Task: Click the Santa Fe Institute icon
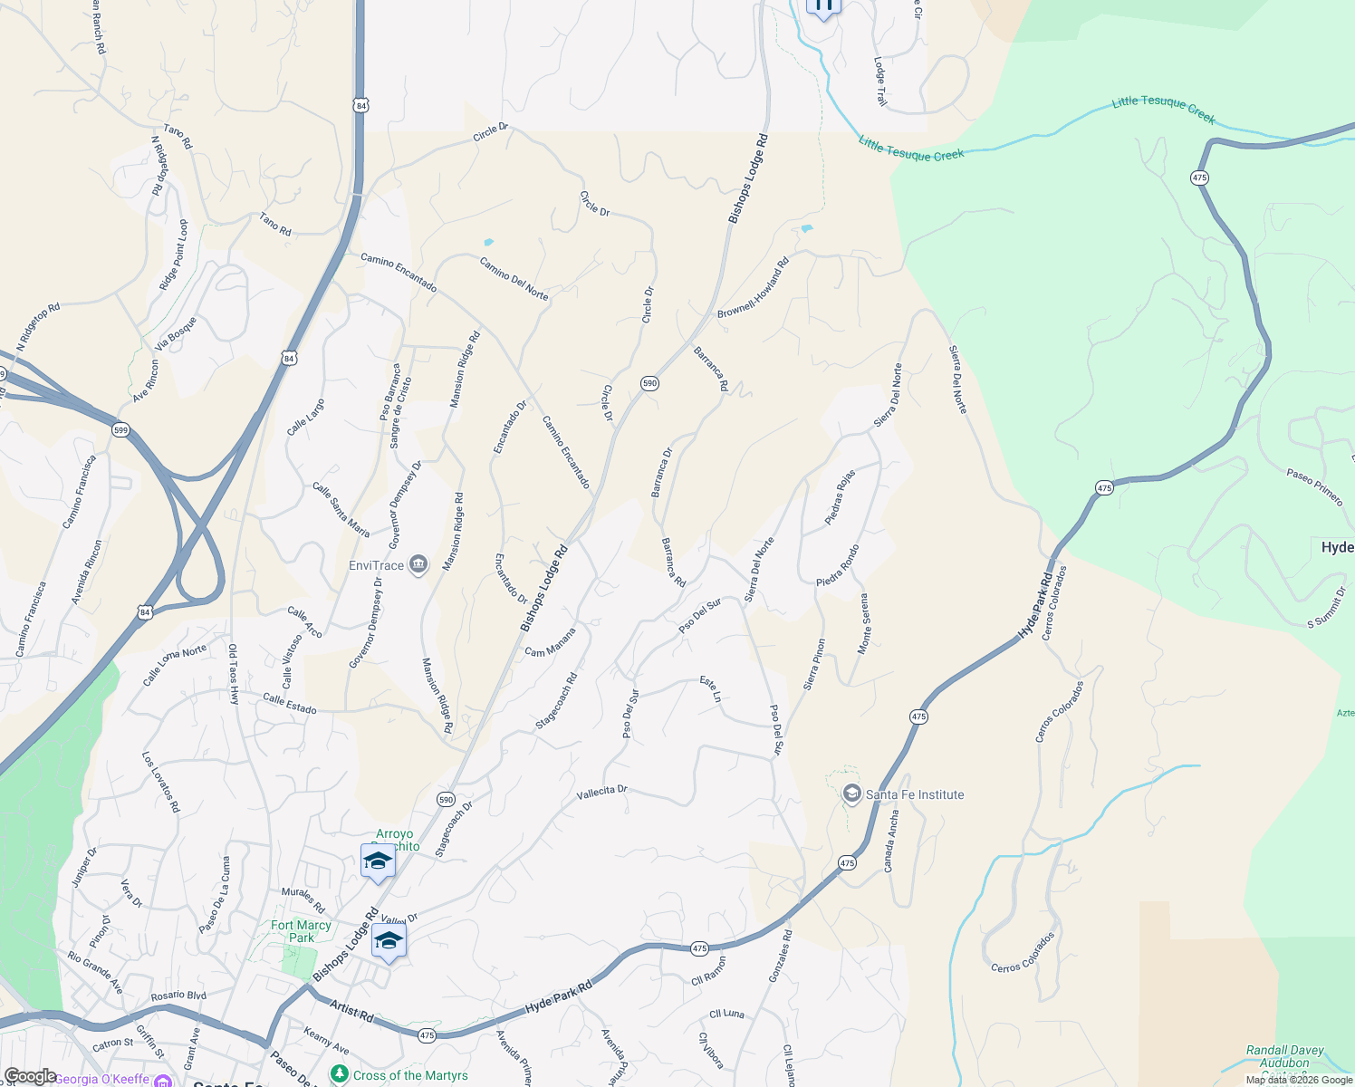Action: pyautogui.click(x=851, y=794)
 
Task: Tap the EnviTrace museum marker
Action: pyautogui.click(x=418, y=565)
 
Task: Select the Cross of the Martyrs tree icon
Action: pyautogui.click(x=340, y=1074)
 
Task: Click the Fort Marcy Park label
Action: pyautogui.click(x=302, y=931)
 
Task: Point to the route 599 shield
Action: pyautogui.click(x=121, y=429)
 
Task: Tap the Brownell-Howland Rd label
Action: pyautogui.click(x=753, y=287)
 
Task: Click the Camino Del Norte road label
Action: pyautogui.click(x=514, y=279)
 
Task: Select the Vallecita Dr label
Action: pyautogui.click(x=602, y=793)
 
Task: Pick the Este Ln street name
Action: pyautogui.click(x=711, y=688)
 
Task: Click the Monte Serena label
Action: pyautogui.click(x=864, y=624)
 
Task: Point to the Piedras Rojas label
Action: pyautogui.click(x=840, y=497)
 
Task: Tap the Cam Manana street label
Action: pyautogui.click(x=550, y=642)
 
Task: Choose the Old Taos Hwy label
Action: pyautogui.click(x=233, y=674)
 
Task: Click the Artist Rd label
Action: pyautogui.click(x=351, y=1011)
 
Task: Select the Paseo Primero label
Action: pyautogui.click(x=1314, y=486)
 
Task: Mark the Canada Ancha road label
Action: pyautogui.click(x=892, y=842)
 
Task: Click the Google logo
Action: pyautogui.click(x=31, y=1076)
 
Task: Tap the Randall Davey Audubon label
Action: pyautogui.click(x=1284, y=1056)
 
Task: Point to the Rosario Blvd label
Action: pyautogui.click(x=178, y=996)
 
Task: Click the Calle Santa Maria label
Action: pyautogui.click(x=341, y=509)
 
